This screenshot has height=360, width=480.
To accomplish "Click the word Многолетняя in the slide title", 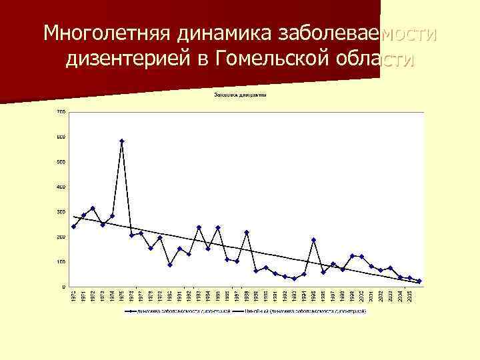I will (x=106, y=33).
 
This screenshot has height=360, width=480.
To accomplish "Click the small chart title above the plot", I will (x=240, y=95).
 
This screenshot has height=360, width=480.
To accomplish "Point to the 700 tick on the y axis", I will (x=61, y=111).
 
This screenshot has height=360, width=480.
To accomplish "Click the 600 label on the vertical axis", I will (x=61, y=137).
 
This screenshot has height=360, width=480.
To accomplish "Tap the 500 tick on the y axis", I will (x=61, y=162).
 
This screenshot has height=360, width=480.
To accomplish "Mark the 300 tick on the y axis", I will (x=61, y=212).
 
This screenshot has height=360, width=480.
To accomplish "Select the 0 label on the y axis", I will (x=63, y=287).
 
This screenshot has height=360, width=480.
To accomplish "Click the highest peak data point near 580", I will (x=122, y=141).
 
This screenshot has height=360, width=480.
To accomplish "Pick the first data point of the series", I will (x=73, y=227).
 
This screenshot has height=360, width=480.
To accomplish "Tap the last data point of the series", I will (x=420, y=281).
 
